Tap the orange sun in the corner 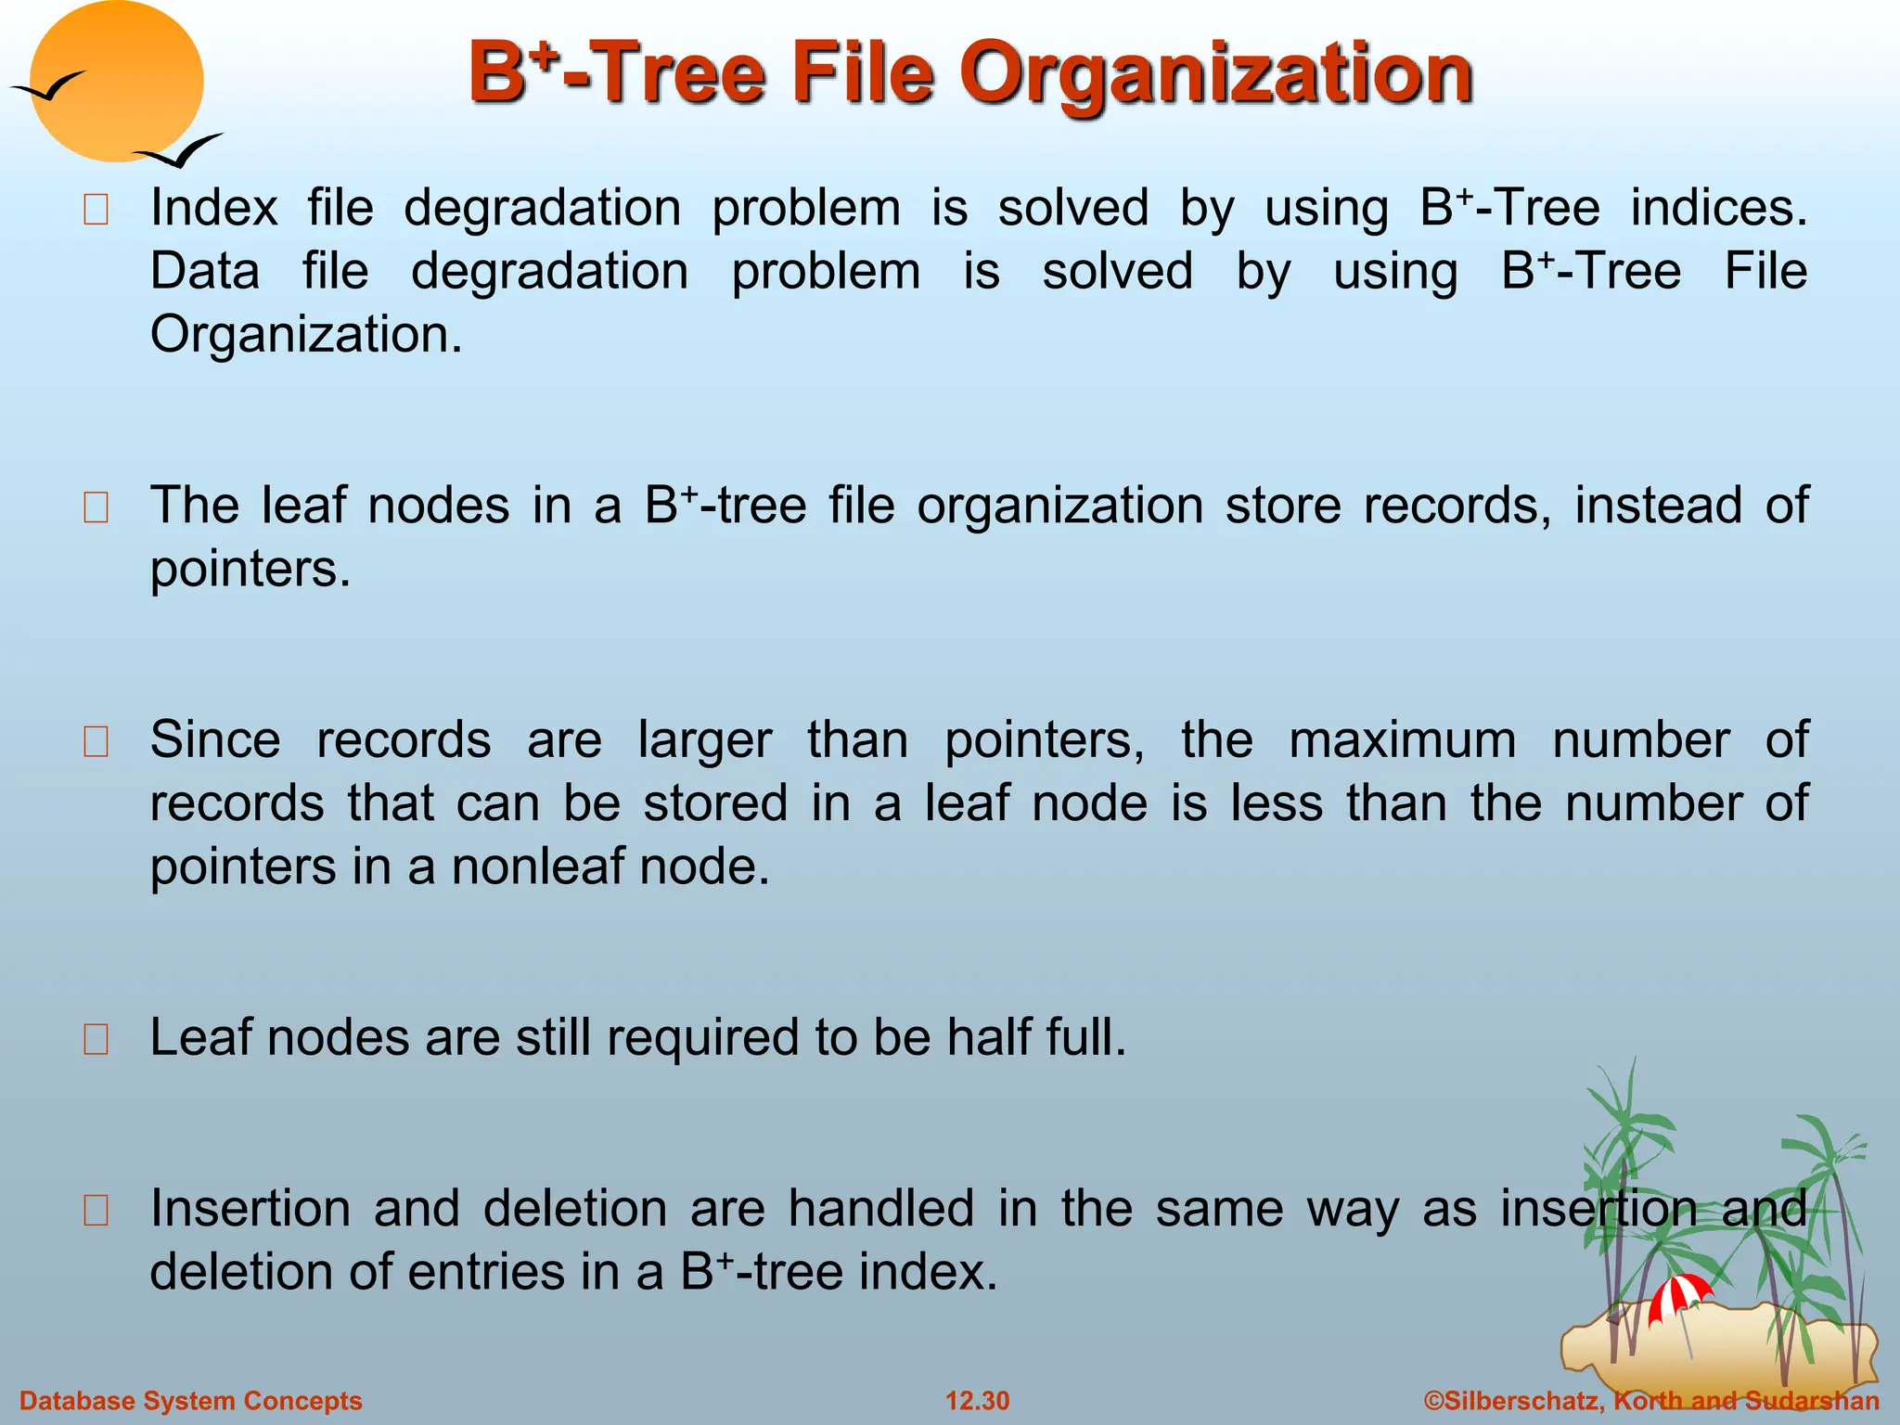[x=116, y=82]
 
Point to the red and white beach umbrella [x=1679, y=1295]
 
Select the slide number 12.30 [x=977, y=1401]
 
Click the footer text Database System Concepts [x=191, y=1401]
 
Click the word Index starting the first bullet [x=214, y=208]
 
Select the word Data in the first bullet [x=205, y=272]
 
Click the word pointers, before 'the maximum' [x=1045, y=741]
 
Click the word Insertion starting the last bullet [x=250, y=1209]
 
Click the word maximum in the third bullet [x=1403, y=741]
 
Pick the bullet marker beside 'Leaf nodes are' [x=96, y=1039]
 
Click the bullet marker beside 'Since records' [x=96, y=742]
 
